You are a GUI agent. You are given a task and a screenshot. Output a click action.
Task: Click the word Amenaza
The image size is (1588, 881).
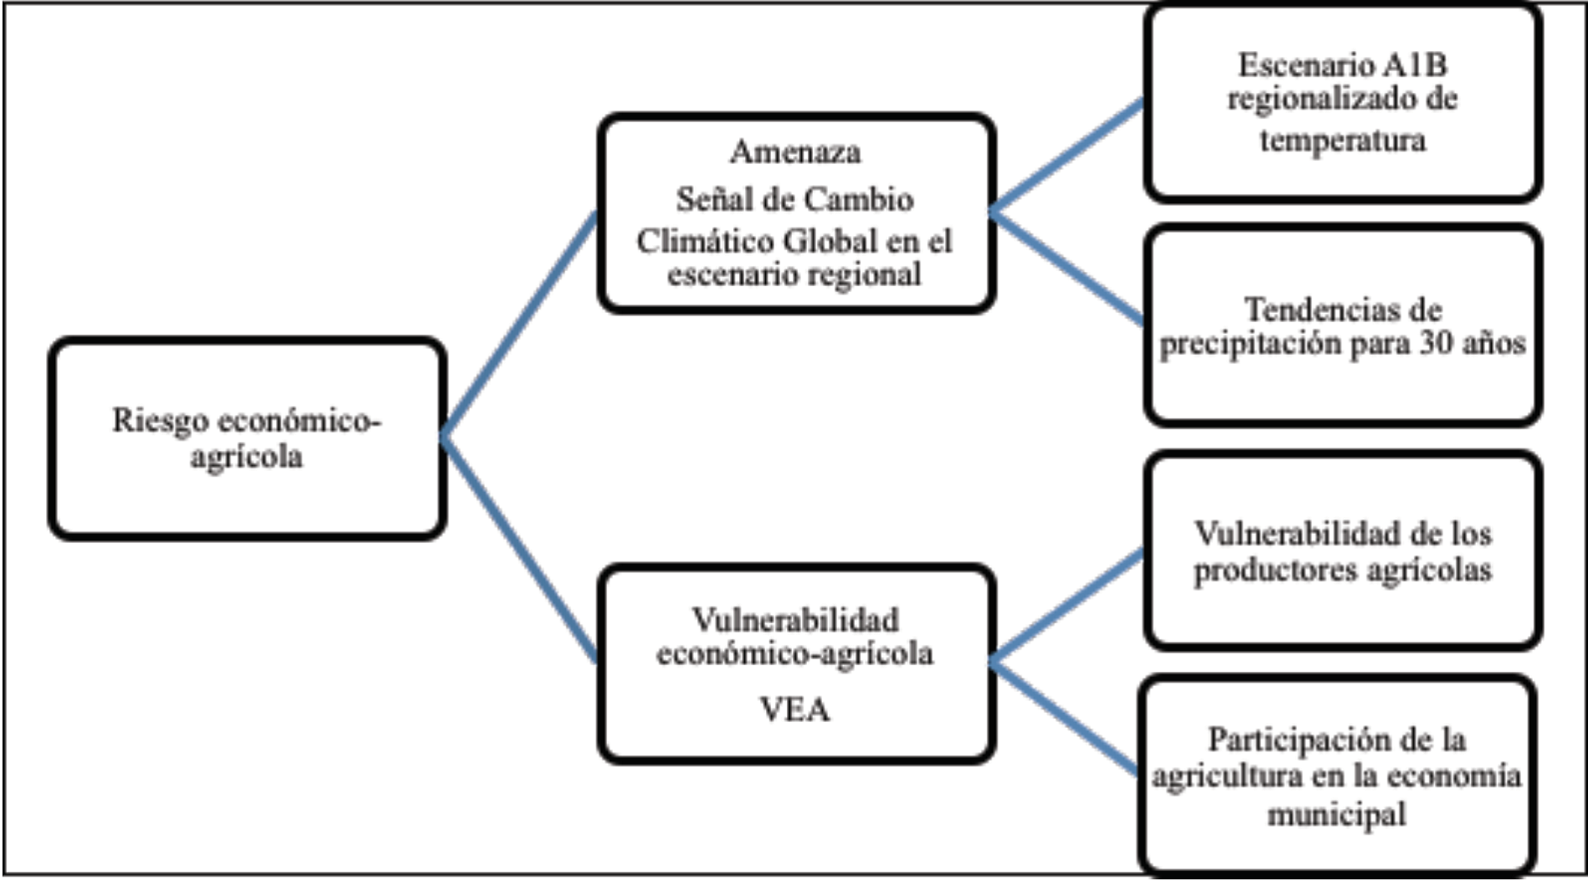(794, 152)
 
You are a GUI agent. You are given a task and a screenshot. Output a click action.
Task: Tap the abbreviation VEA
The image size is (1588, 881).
(794, 709)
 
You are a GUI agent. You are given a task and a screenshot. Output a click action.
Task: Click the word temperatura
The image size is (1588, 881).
(1342, 139)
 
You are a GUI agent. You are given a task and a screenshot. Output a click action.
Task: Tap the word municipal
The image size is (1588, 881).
(1336, 813)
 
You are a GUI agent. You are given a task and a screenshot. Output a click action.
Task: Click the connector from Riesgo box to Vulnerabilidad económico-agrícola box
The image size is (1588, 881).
(518, 549)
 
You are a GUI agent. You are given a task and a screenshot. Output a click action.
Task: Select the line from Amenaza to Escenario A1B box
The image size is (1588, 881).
(1067, 156)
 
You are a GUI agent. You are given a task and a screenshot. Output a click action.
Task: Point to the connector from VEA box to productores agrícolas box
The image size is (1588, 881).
(1067, 607)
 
